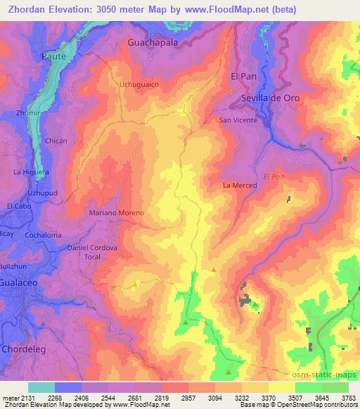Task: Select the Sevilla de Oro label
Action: point(271,98)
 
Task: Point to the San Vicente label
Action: point(239,120)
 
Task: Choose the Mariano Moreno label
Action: point(116,212)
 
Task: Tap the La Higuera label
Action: point(31,171)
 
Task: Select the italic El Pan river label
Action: point(274,176)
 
